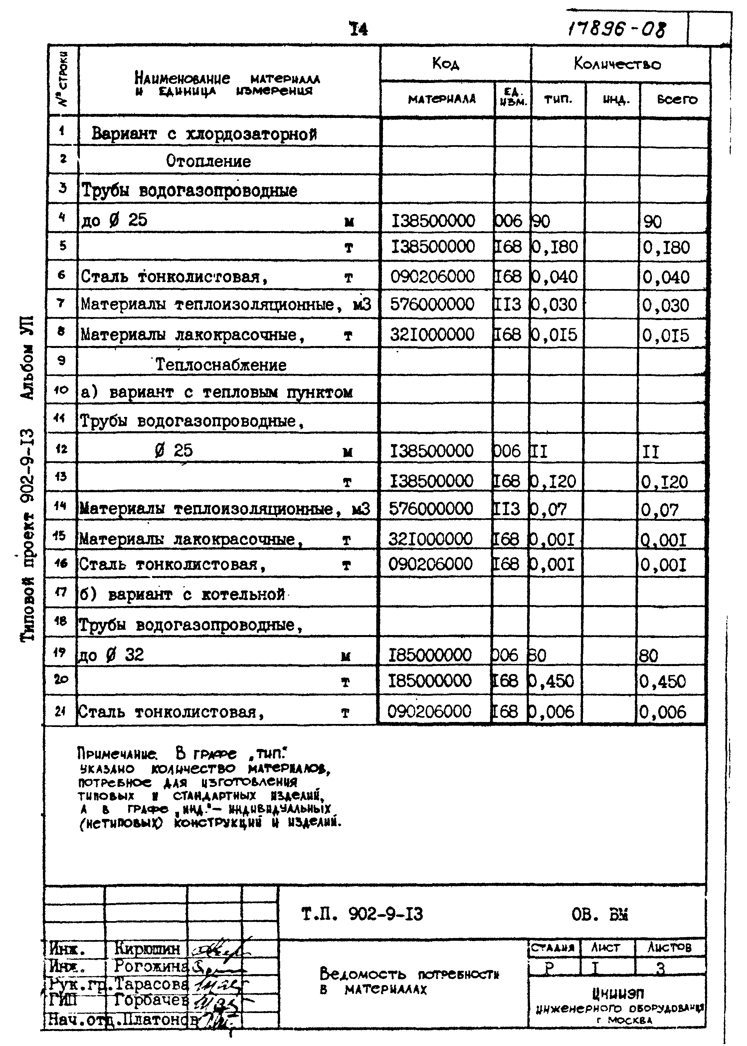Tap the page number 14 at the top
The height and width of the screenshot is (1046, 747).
tap(358, 29)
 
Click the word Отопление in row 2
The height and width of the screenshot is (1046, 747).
tap(208, 161)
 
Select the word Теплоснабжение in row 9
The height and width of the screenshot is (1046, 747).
tap(221, 365)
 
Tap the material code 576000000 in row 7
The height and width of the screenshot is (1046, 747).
tap(432, 304)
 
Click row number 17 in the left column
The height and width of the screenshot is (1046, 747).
tap(61, 591)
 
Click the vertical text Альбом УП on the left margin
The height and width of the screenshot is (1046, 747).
tap(28, 357)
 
